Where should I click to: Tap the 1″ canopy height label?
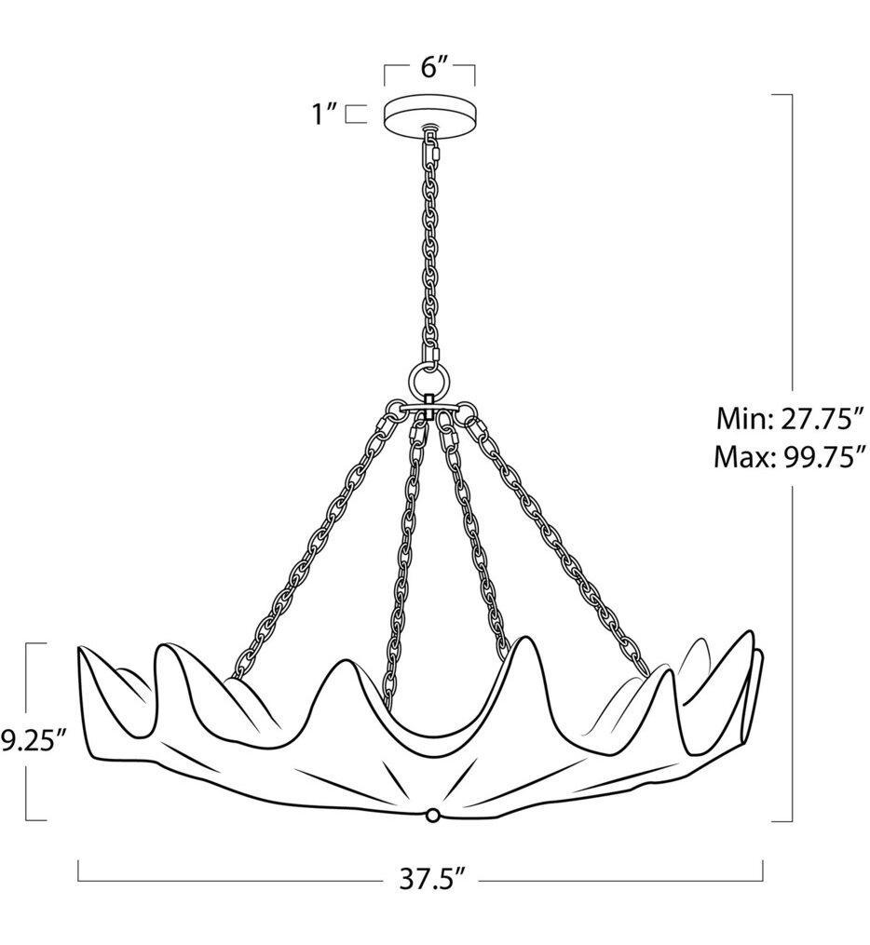[x=325, y=115]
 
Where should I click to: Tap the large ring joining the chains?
[x=429, y=381]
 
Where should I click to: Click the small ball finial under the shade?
[x=431, y=816]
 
